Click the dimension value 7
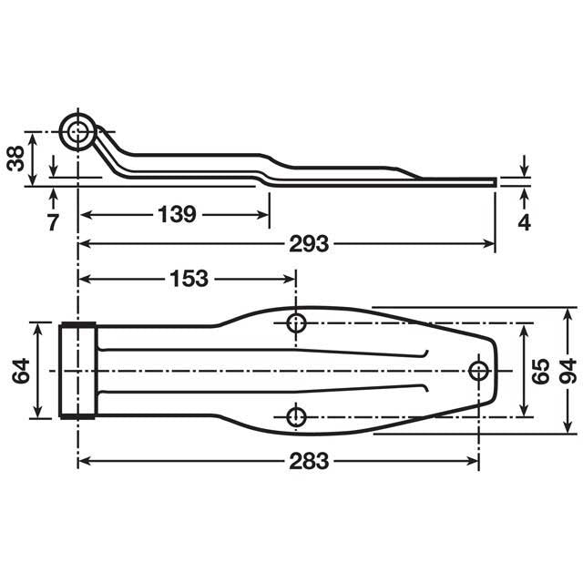(x=53, y=221)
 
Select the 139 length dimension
(x=177, y=215)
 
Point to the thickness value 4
(x=525, y=221)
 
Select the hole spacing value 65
(x=540, y=370)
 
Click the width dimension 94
(x=568, y=370)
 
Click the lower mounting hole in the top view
(x=296, y=417)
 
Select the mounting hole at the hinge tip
(x=478, y=369)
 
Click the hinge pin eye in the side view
(x=78, y=132)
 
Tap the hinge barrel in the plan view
(x=78, y=370)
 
